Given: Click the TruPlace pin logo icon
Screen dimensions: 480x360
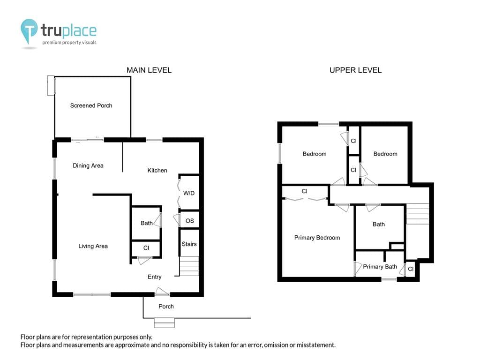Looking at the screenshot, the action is [x=29, y=30].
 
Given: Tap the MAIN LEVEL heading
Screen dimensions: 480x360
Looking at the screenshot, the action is [x=149, y=70].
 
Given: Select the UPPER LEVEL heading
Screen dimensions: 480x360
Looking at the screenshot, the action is [x=355, y=70].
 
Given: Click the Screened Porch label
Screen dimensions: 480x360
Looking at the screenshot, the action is [x=91, y=105].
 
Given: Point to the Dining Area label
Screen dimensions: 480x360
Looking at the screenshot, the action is [x=88, y=165].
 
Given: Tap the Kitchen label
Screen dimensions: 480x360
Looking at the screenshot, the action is [x=157, y=171].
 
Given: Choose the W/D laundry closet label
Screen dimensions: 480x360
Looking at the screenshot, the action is [x=189, y=193].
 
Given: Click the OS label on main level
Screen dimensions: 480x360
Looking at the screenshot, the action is [x=190, y=221].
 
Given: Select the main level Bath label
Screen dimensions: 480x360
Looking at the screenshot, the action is [x=147, y=223].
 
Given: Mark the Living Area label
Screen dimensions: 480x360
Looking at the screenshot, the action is [x=93, y=246].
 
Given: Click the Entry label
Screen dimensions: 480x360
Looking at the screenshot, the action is [x=155, y=277].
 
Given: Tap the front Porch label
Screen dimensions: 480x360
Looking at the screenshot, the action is [x=166, y=307].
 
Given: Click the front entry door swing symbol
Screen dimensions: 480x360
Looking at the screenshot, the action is [x=162, y=291].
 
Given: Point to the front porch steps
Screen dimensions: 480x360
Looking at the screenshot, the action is [x=164, y=323].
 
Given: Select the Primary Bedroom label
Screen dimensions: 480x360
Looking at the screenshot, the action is [x=317, y=238].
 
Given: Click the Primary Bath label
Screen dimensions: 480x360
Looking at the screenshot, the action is [x=380, y=267].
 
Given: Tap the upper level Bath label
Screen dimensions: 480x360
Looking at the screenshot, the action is [x=379, y=225].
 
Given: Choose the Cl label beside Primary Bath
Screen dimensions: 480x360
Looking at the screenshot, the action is [x=411, y=269].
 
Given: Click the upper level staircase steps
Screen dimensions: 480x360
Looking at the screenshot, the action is [x=417, y=214].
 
